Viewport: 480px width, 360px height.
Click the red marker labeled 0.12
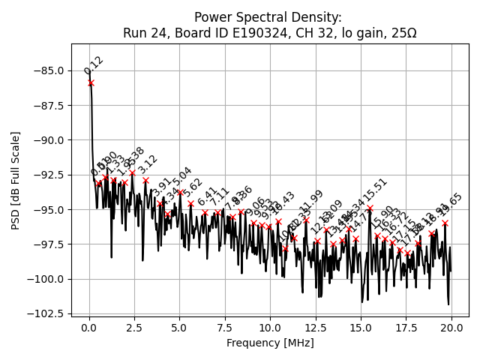tap(91, 83)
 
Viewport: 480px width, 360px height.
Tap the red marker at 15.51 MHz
tap(370, 208)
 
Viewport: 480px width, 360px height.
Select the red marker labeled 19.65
tap(445, 223)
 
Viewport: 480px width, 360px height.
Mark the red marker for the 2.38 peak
tap(132, 173)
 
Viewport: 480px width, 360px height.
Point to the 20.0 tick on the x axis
tap(451, 328)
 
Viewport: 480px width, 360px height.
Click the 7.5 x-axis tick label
tap(225, 328)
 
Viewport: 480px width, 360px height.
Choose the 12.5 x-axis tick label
tap(316, 328)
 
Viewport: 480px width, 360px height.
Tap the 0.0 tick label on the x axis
tap(89, 328)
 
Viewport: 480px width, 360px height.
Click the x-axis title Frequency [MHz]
tap(270, 343)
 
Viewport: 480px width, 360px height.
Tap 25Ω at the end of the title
tap(402, 33)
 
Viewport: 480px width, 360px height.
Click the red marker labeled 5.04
tap(180, 192)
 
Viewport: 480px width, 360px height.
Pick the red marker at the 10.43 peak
tap(278, 221)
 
